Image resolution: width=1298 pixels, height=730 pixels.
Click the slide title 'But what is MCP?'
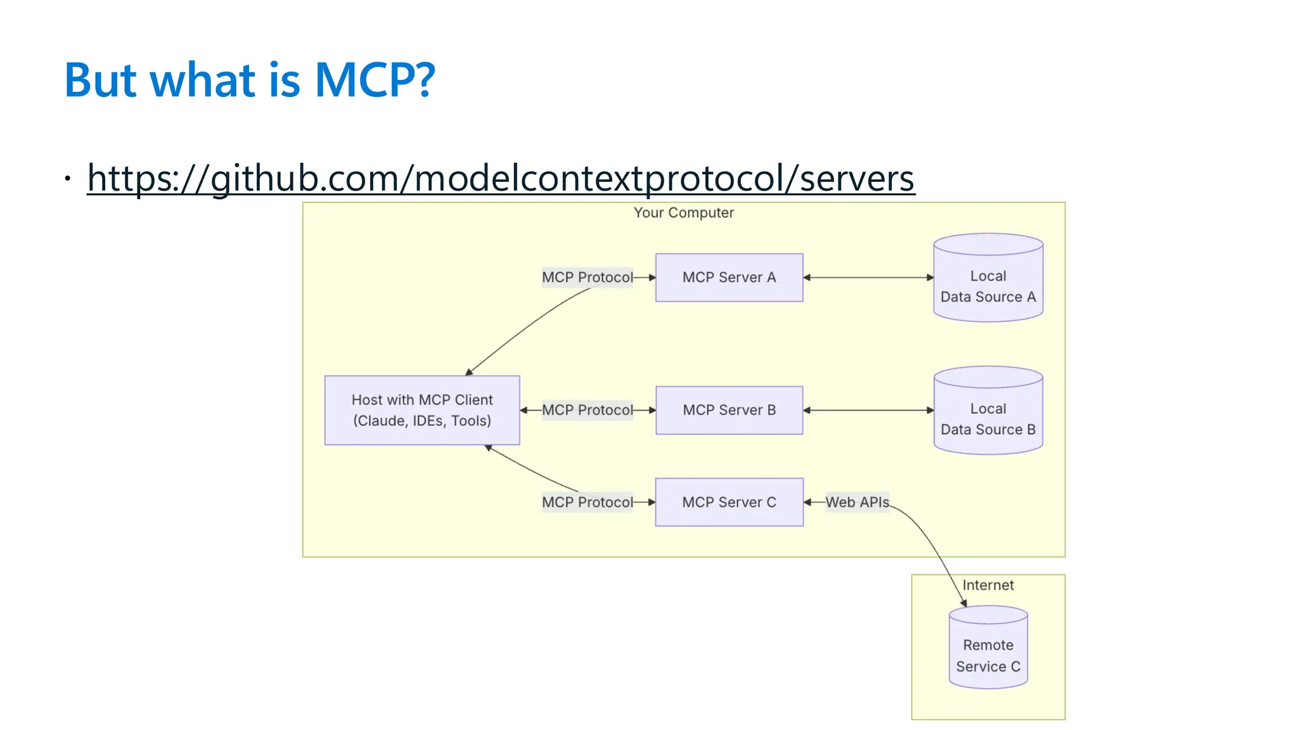click(x=250, y=80)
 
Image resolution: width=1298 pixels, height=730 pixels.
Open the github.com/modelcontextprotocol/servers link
click(x=501, y=178)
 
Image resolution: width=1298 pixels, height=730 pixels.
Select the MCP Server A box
click(x=729, y=278)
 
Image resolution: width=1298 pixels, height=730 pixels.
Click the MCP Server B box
click(x=729, y=410)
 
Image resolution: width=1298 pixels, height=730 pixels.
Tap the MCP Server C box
click(x=729, y=502)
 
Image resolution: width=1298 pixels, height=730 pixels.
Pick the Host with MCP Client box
click(x=422, y=410)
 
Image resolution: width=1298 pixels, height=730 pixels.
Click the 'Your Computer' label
click(x=684, y=213)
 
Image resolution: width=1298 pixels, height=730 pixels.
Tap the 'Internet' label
click(x=988, y=585)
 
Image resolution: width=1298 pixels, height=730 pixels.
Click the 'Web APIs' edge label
click(x=857, y=502)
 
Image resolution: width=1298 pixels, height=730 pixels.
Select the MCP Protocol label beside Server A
click(x=587, y=278)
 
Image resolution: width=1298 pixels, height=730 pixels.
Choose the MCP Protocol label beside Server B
click(x=587, y=410)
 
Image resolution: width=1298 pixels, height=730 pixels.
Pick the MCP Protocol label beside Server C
click(x=587, y=502)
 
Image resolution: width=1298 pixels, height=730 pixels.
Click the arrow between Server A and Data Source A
click(x=868, y=278)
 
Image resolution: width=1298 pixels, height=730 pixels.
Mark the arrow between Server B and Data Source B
click(x=868, y=410)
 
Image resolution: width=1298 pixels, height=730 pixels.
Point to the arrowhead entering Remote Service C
click(x=964, y=603)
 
